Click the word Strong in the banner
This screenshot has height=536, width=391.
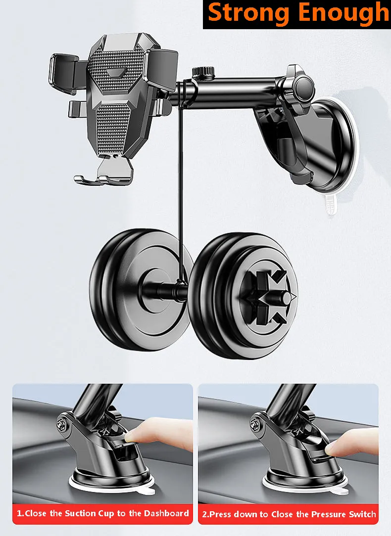pyautogui.click(x=248, y=14)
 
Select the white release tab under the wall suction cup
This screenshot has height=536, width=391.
pyautogui.click(x=330, y=204)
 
